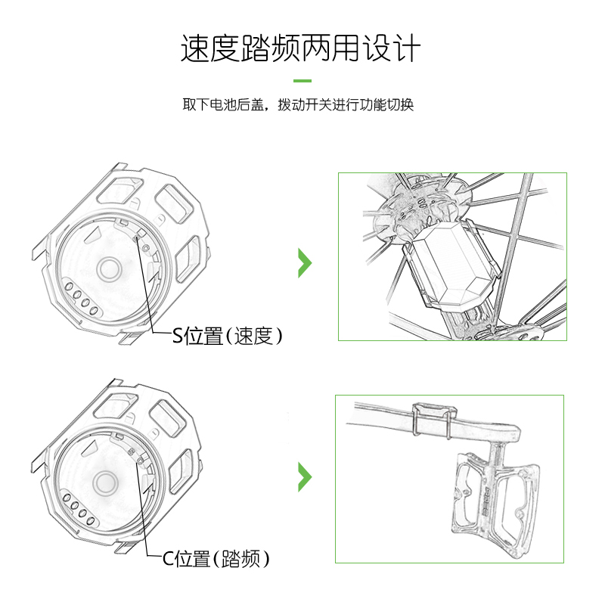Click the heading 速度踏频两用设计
301,48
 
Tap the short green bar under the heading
302,81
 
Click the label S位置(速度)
228,337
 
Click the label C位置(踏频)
216,560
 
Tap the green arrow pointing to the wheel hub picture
304,262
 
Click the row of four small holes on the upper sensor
79,297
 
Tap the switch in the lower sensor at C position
135,455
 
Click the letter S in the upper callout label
178,337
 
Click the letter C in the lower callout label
168,560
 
